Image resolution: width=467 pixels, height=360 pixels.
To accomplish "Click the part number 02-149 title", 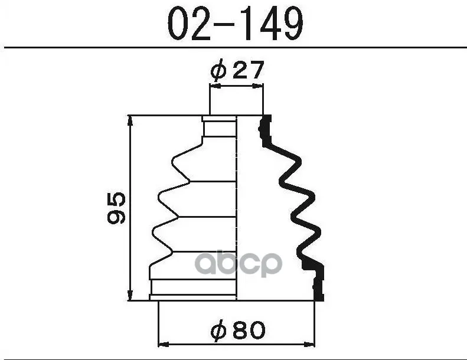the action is click(x=236, y=23).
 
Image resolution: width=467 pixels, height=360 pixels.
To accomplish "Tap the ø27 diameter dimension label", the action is click(x=237, y=70).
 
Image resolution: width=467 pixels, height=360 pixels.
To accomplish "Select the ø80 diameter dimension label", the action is click(x=238, y=330).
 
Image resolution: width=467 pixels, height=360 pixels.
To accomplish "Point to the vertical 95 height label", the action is click(x=116, y=208).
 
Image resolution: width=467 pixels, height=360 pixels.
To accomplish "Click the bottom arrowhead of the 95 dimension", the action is click(x=130, y=296).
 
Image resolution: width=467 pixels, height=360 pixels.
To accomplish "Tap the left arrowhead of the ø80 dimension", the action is click(x=163, y=345).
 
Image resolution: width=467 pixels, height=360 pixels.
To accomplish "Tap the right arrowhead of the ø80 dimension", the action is click(x=310, y=345).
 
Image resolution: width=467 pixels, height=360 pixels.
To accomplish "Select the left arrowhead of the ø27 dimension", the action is click(x=215, y=86).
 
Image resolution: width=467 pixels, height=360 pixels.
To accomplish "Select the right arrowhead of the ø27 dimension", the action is click(x=258, y=86).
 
